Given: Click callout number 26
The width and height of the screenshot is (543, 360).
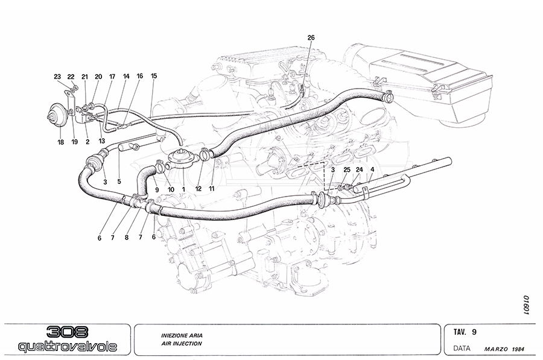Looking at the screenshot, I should pos(311,37).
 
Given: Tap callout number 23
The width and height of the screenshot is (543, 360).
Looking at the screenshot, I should pos(57,77).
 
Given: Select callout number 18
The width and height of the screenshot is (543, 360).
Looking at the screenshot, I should pos(60,142).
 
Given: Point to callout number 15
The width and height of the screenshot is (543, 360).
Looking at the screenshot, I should pos(154,76).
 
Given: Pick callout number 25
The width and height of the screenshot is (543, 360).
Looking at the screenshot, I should pos(347,170).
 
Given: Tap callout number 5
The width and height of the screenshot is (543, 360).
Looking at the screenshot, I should pos(119,181).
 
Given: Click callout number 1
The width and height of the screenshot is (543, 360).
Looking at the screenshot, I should pos(183,189).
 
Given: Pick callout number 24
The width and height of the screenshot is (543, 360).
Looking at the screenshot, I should pos(359,170).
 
